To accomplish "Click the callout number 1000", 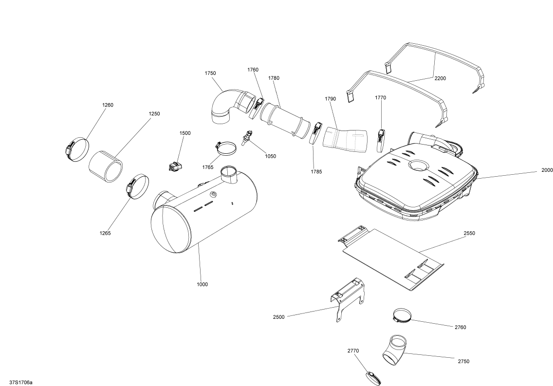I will (x=202, y=284).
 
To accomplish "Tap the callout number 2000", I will (x=547, y=170).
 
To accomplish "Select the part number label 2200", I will (x=440, y=78).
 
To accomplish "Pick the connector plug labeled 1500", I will (x=174, y=167).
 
